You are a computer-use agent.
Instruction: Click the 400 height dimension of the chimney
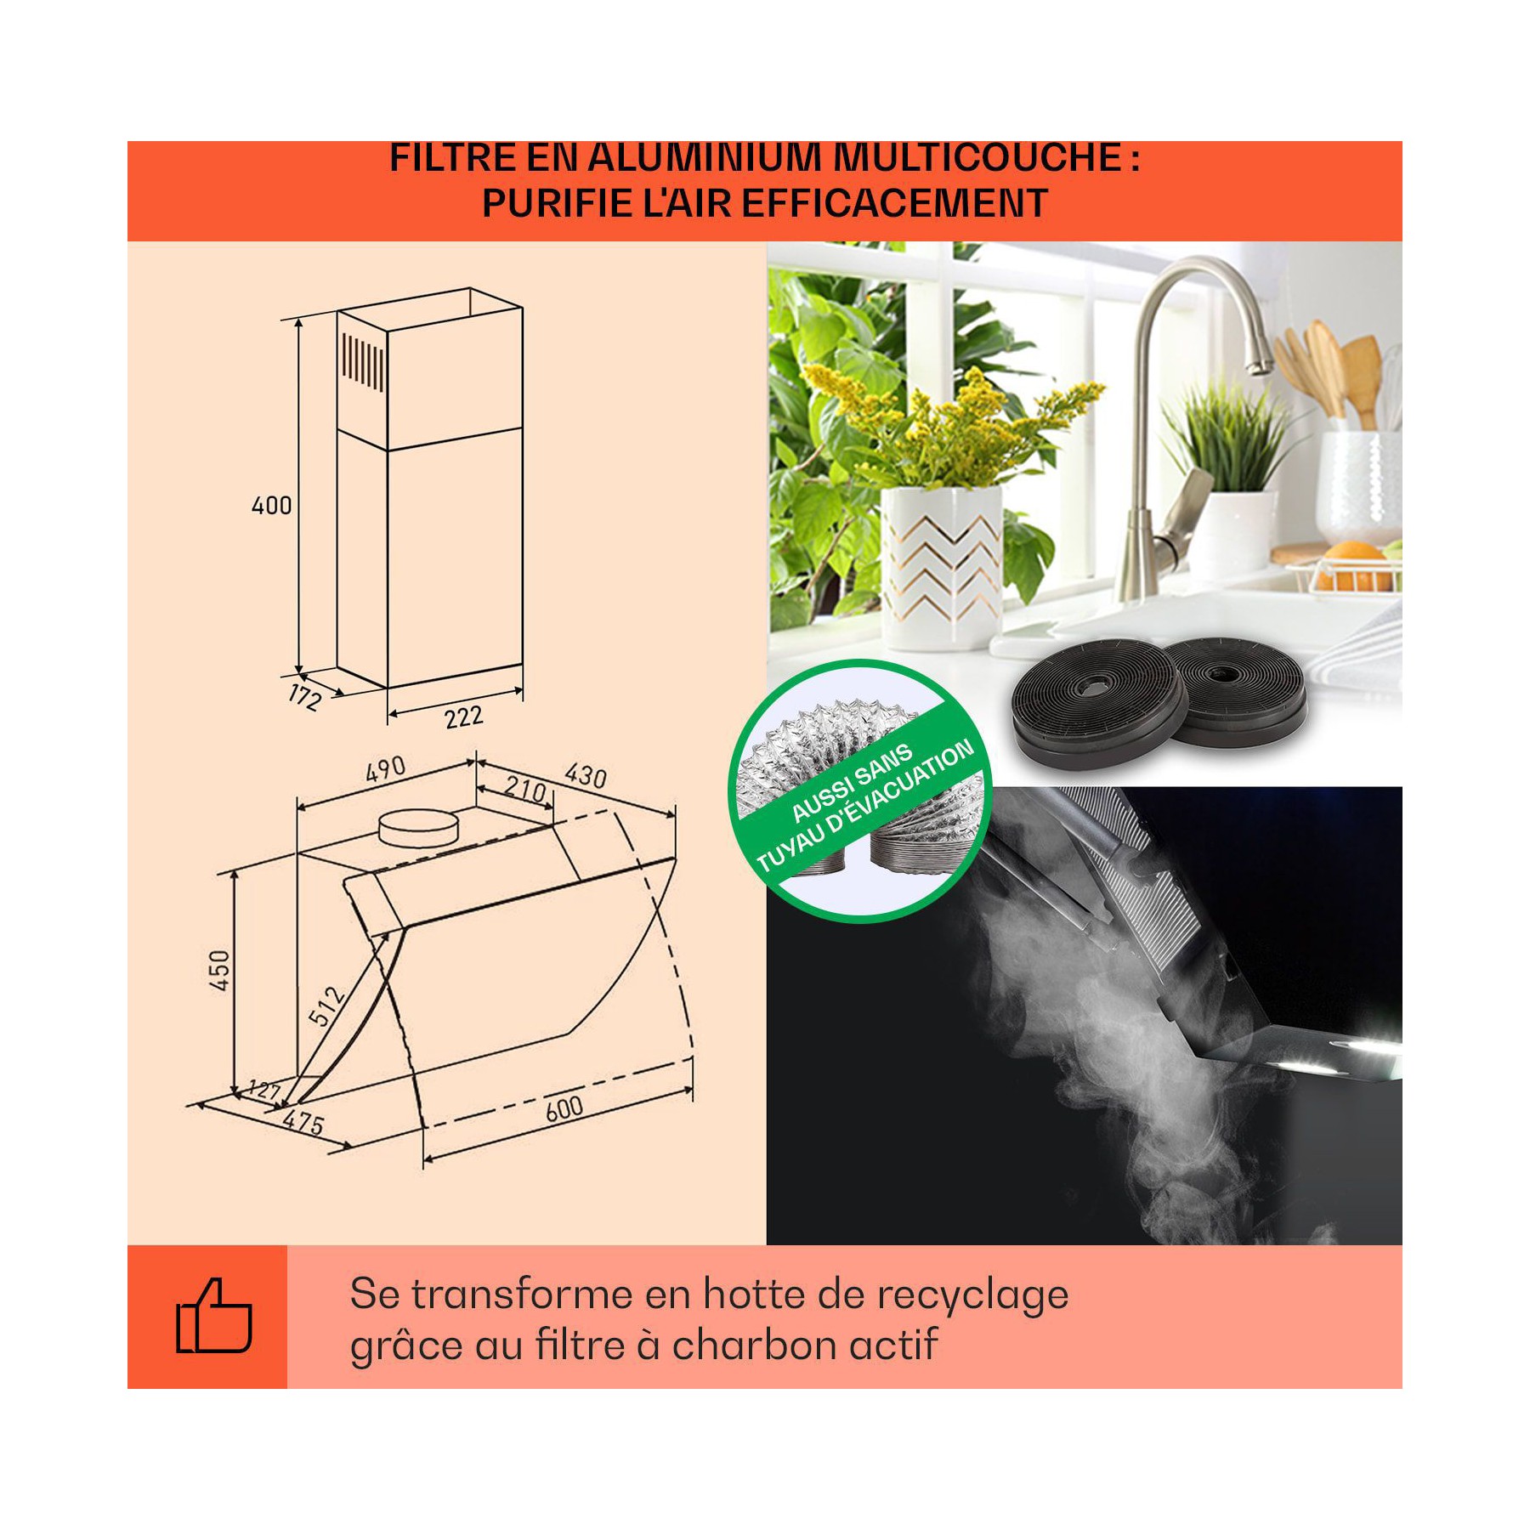[x=271, y=505]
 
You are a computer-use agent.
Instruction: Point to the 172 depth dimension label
[x=304, y=697]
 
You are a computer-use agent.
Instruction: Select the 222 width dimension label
[x=464, y=717]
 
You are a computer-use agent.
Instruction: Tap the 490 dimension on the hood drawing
[x=385, y=769]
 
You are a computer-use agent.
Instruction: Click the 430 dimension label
[x=586, y=775]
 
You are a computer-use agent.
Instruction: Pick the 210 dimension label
[x=524, y=790]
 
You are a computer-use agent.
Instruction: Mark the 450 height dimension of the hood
[x=219, y=970]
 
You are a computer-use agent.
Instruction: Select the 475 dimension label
[x=303, y=1124]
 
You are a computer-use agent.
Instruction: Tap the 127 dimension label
[x=263, y=1089]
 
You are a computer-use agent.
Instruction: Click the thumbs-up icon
[x=213, y=1317]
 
